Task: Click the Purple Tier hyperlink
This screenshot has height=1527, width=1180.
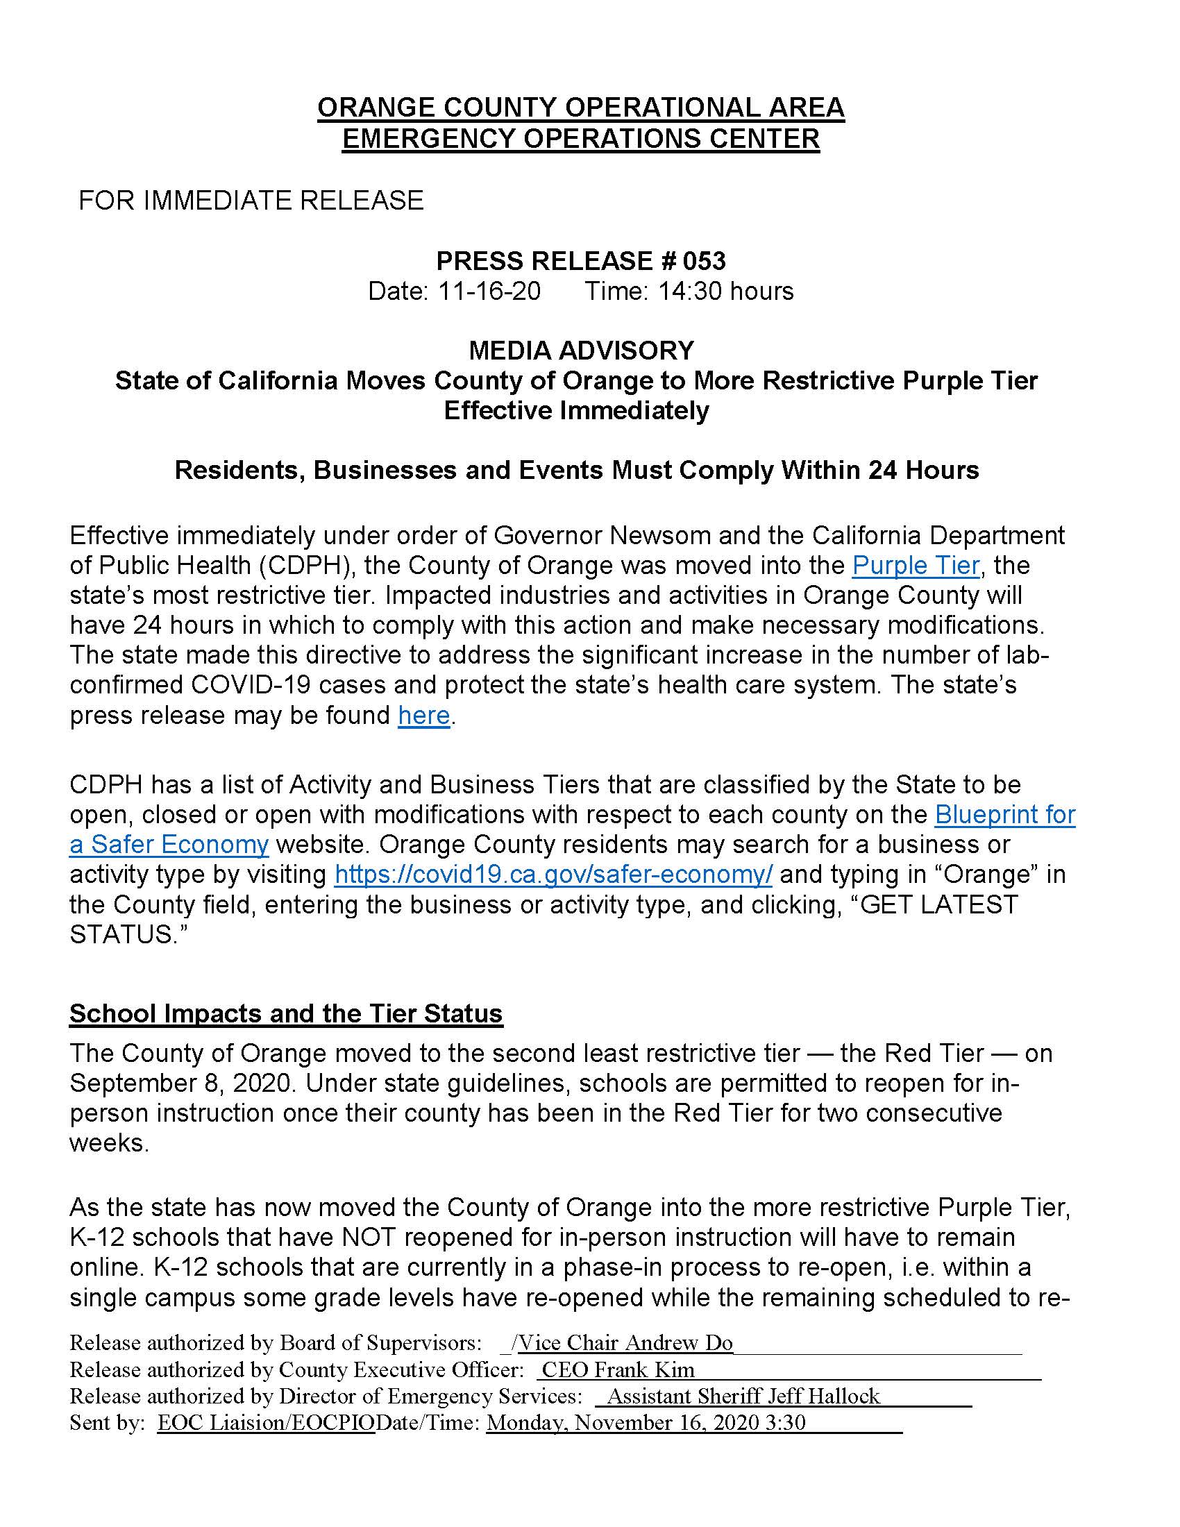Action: pyautogui.click(x=915, y=565)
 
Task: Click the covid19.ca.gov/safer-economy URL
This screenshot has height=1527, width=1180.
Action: pyautogui.click(x=553, y=875)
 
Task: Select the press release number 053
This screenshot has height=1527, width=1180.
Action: pyautogui.click(x=704, y=261)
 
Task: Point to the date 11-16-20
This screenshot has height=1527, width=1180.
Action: pyautogui.click(x=489, y=291)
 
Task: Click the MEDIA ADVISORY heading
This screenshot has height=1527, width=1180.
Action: pyautogui.click(x=581, y=350)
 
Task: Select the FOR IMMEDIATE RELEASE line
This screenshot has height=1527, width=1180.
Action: pyautogui.click(x=251, y=201)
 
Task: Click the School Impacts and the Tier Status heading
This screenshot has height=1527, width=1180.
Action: pyautogui.click(x=286, y=1013)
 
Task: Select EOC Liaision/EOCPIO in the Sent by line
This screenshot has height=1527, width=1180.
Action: pyautogui.click(x=266, y=1422)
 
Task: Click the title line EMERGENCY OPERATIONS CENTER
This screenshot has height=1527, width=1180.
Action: pyautogui.click(x=581, y=138)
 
